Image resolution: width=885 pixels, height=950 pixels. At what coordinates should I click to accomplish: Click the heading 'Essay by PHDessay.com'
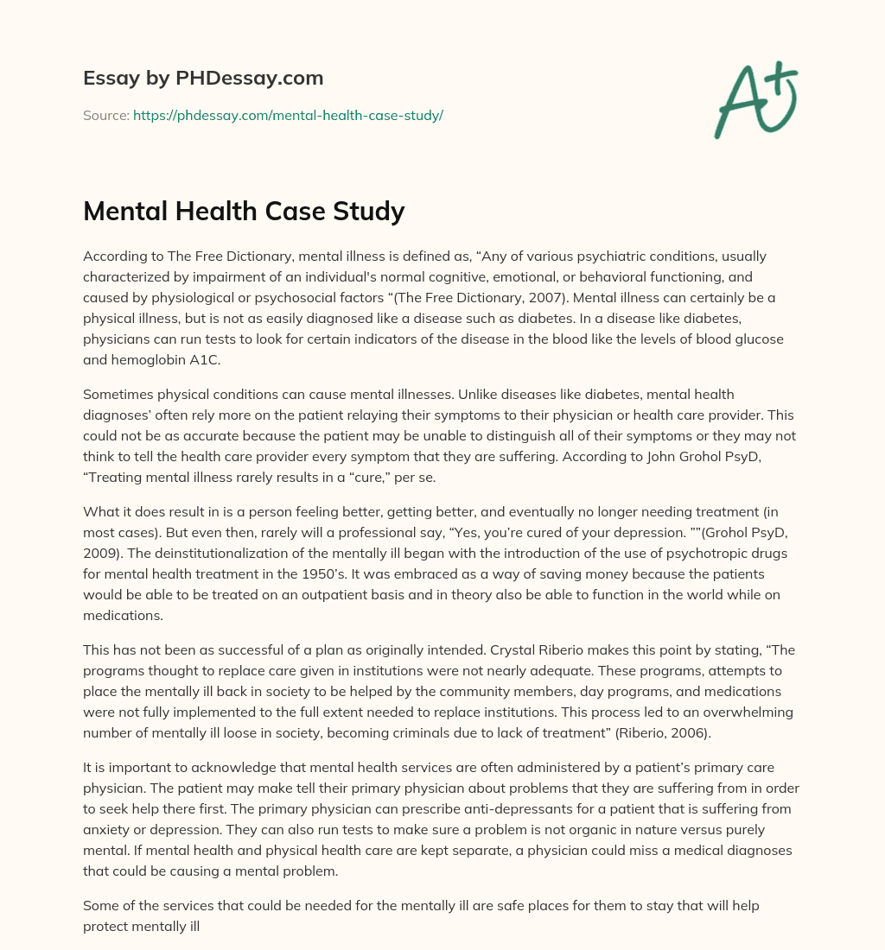coord(203,78)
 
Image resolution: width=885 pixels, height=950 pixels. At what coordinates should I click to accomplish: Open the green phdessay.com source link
coord(288,115)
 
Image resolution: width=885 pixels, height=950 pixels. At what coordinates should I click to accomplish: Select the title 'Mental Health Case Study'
coord(244,210)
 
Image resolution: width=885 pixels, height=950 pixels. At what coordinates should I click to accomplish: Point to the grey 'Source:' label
coord(105,115)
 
